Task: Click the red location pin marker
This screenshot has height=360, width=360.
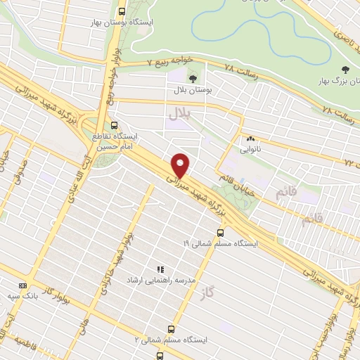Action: click(181, 165)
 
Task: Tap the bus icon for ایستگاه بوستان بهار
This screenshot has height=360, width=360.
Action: click(123, 12)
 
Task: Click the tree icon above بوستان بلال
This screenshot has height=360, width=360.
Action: click(193, 79)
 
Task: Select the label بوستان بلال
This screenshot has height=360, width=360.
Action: click(193, 90)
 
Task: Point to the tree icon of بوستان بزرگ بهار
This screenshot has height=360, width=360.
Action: click(345, 69)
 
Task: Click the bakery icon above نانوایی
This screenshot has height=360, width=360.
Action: click(250, 139)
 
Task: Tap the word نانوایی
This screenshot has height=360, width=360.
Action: click(250, 150)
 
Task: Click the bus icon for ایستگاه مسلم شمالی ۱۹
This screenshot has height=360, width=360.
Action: click(221, 233)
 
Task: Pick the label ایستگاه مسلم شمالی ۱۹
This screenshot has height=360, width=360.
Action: click(221, 243)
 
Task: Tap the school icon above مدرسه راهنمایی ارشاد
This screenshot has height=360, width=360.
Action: click(160, 269)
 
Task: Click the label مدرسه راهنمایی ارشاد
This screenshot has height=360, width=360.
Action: click(160, 280)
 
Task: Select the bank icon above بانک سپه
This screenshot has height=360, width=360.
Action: click(23, 285)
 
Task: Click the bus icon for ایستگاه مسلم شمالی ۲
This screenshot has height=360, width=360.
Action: click(171, 328)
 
